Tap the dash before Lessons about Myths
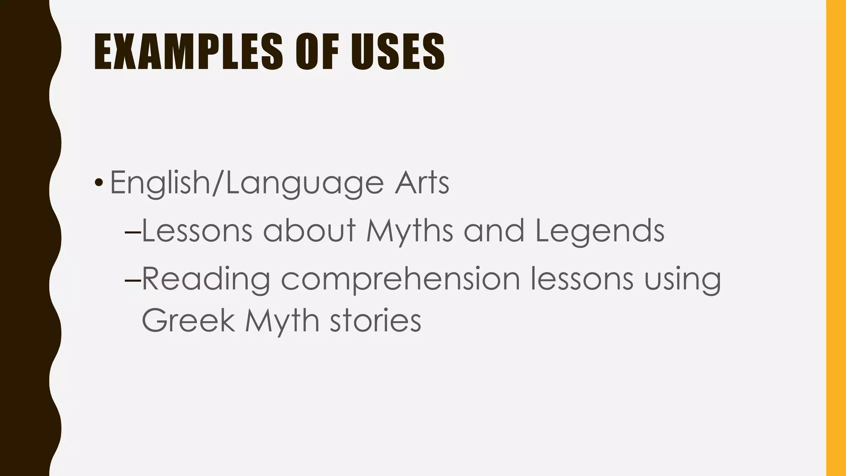click(133, 232)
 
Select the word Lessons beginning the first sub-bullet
click(197, 231)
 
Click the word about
click(309, 230)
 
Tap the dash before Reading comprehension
click(133, 280)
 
